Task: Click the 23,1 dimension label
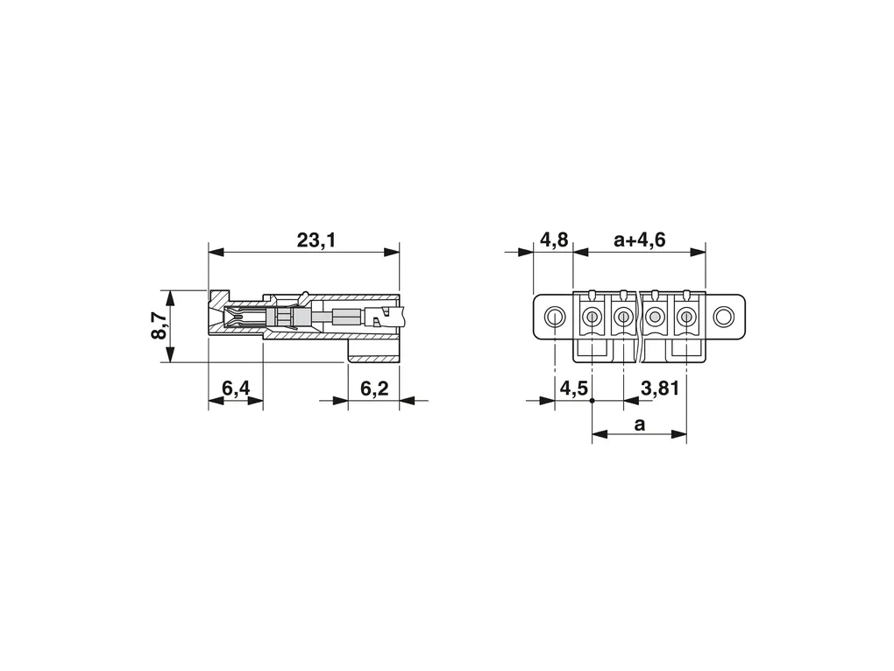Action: click(x=316, y=241)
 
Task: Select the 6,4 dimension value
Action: click(x=236, y=389)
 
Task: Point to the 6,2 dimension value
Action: click(x=374, y=389)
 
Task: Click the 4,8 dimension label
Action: click(x=554, y=240)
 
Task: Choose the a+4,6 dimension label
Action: click(x=640, y=240)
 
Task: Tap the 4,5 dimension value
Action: click(x=573, y=389)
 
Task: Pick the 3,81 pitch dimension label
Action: click(x=660, y=389)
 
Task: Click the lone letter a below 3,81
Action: click(x=640, y=425)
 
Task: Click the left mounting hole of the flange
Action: click(x=554, y=317)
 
